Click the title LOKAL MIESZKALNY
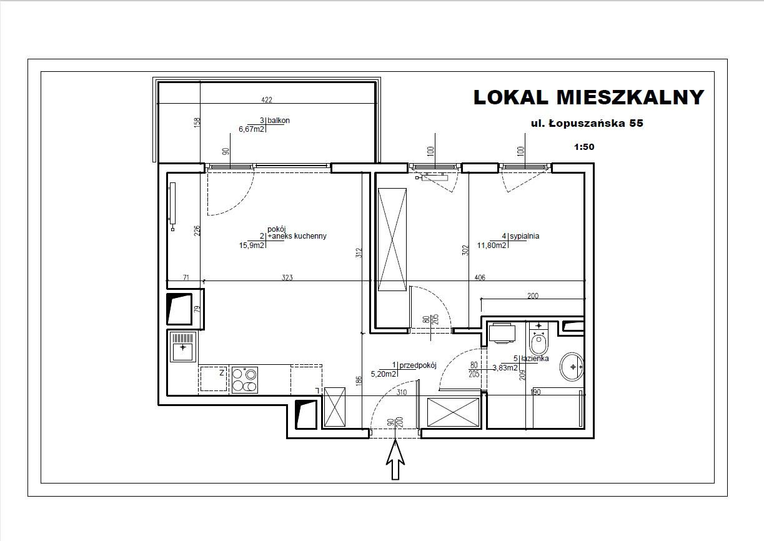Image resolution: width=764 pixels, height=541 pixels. click(589, 97)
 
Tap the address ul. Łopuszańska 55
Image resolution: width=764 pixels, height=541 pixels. click(587, 123)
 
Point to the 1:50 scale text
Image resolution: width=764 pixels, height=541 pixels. click(584, 147)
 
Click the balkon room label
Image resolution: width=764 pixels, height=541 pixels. click(279, 121)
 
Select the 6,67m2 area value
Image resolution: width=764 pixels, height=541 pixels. click(251, 129)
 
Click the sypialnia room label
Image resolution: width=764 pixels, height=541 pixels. click(524, 236)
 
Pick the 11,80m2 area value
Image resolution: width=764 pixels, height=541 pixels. click(492, 245)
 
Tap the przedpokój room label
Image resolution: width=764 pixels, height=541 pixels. click(418, 365)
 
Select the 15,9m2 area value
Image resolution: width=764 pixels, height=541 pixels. click(252, 246)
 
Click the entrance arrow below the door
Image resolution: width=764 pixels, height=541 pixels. click(395, 459)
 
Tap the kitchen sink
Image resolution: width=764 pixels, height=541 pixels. click(183, 347)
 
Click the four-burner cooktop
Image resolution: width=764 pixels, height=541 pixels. click(244, 380)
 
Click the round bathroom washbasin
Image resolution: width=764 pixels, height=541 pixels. click(572, 367)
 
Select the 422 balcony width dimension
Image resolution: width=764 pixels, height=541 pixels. click(267, 99)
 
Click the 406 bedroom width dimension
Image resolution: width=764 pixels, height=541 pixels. click(480, 277)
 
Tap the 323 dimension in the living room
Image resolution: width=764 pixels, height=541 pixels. click(287, 277)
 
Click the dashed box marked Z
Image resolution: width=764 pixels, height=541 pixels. click(214, 379)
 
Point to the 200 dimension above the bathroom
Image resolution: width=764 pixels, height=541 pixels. click(533, 295)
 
